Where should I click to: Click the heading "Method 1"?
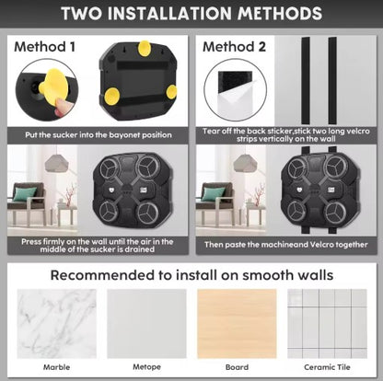point(44,47)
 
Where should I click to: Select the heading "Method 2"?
point(234,47)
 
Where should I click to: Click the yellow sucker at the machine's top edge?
point(144,48)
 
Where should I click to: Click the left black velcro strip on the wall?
point(306,81)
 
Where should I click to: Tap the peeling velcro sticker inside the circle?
point(235,91)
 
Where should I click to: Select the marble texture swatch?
point(57,324)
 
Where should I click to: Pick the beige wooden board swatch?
point(237,324)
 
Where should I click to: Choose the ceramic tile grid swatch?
point(327,324)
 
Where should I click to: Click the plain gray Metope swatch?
point(146,324)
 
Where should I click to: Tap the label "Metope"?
point(146,367)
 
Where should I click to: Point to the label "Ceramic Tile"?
point(327,367)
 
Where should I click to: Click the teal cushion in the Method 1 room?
point(25,194)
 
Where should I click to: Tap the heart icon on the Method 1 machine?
point(110,190)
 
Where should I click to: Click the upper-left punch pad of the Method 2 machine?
point(296,168)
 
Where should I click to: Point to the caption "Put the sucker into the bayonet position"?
point(99,135)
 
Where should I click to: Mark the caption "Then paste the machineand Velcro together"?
point(286,245)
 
